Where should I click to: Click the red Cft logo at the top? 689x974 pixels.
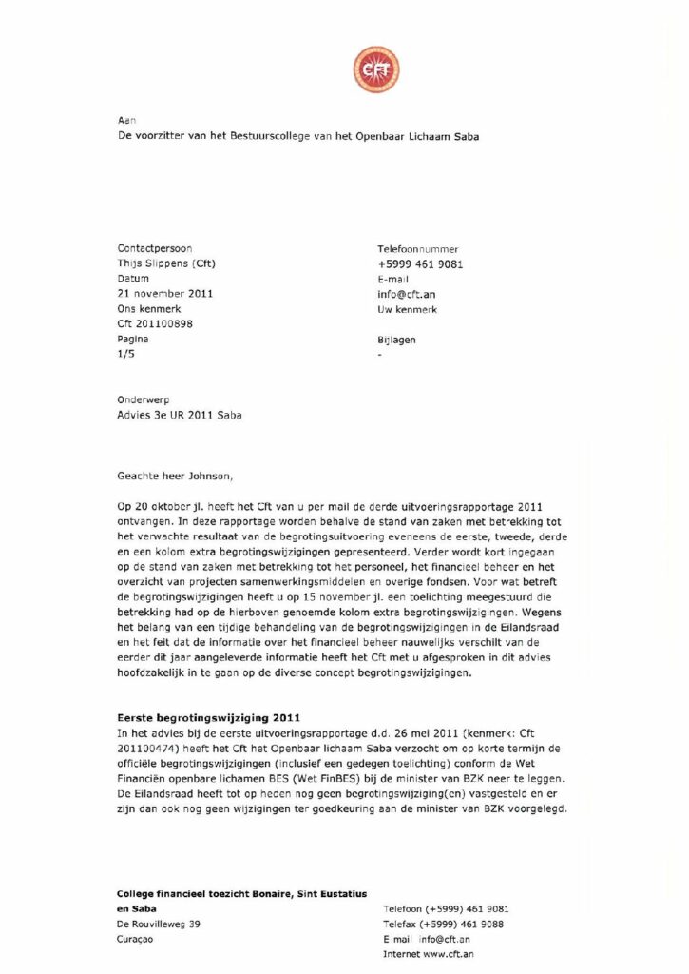[x=376, y=68]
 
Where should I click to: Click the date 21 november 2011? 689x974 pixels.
[x=159, y=294]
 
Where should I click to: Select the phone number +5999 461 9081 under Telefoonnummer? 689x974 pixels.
[x=420, y=264]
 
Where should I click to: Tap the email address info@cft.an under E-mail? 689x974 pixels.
[x=406, y=295]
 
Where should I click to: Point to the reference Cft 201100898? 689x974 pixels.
[x=153, y=324]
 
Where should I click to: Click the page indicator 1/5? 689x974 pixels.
[x=125, y=354]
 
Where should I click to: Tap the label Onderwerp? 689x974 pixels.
[x=144, y=400]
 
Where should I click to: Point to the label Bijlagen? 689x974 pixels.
[x=396, y=340]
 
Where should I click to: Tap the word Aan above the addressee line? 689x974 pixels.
[x=126, y=121]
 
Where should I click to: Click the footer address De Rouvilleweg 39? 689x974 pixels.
[x=158, y=924]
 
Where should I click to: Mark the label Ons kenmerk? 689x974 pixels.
[x=147, y=309]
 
